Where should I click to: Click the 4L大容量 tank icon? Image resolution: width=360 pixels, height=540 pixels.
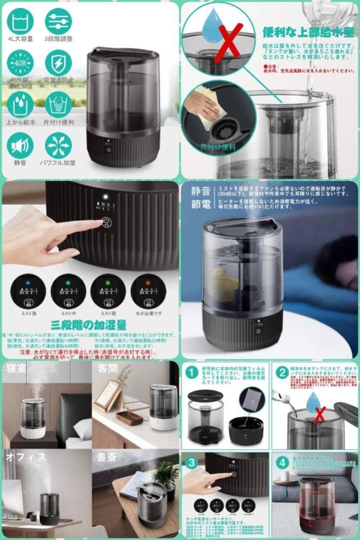click(20, 21)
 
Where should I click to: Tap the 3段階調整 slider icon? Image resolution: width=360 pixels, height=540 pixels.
click(58, 21)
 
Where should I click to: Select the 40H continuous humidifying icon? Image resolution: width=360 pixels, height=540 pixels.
click(20, 63)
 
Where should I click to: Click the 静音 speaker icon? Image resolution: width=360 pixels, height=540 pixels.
click(20, 145)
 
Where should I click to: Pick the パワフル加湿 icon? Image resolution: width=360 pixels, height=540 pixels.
click(58, 145)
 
